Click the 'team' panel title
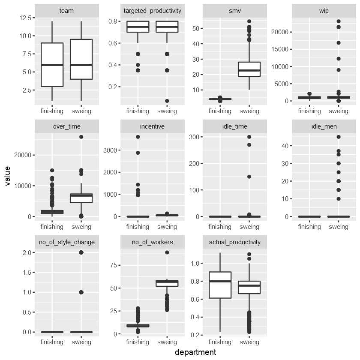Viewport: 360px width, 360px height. pos(67,11)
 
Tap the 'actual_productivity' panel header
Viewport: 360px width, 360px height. pos(234,242)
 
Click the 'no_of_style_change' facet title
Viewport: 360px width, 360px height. pos(67,242)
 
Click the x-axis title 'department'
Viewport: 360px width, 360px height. pos(195,352)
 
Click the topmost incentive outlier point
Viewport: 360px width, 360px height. pos(138,137)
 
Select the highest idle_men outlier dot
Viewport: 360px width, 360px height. pos(339,137)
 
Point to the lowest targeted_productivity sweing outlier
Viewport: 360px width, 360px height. pos(167,101)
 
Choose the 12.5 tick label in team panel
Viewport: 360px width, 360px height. pos(24,18)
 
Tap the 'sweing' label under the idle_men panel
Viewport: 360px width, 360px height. pos(339,227)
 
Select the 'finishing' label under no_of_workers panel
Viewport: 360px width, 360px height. pos(138,342)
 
